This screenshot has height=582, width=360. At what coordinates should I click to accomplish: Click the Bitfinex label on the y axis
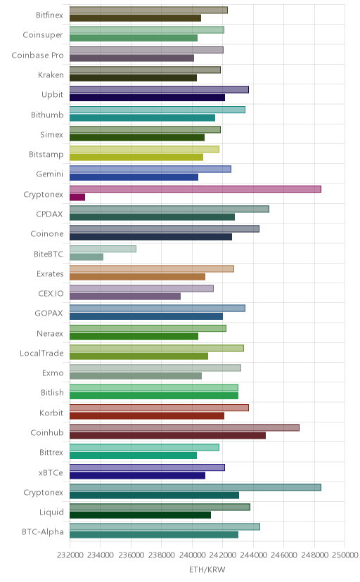coord(49,15)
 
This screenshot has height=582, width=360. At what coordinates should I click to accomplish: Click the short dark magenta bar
coord(77,197)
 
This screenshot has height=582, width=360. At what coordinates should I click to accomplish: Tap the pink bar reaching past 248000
coord(195,189)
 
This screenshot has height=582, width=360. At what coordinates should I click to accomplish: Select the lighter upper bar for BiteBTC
coord(103,249)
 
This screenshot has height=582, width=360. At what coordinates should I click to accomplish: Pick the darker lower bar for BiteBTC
coord(86,257)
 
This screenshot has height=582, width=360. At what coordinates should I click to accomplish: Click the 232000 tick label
coord(70,555)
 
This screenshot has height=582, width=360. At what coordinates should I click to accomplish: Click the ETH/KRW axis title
coord(207,570)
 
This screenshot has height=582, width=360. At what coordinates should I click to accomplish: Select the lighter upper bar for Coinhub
coord(184,427)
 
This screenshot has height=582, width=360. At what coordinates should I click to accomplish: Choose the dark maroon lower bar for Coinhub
coord(168,436)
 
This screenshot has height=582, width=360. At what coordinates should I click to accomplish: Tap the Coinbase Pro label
coord(37,55)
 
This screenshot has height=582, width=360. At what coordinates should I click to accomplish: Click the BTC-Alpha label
coord(43,532)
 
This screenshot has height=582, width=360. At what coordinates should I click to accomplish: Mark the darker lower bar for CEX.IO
coord(125,297)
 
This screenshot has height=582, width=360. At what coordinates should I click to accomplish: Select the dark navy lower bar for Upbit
coord(148,98)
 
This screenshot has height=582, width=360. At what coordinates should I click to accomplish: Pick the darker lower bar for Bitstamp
coord(136,157)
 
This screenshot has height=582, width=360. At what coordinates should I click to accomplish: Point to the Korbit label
coord(51,413)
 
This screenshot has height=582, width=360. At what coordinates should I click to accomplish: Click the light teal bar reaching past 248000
coord(195,487)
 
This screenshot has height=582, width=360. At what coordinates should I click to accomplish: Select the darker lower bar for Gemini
coord(134,177)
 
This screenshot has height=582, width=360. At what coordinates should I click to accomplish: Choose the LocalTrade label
coord(41,353)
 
